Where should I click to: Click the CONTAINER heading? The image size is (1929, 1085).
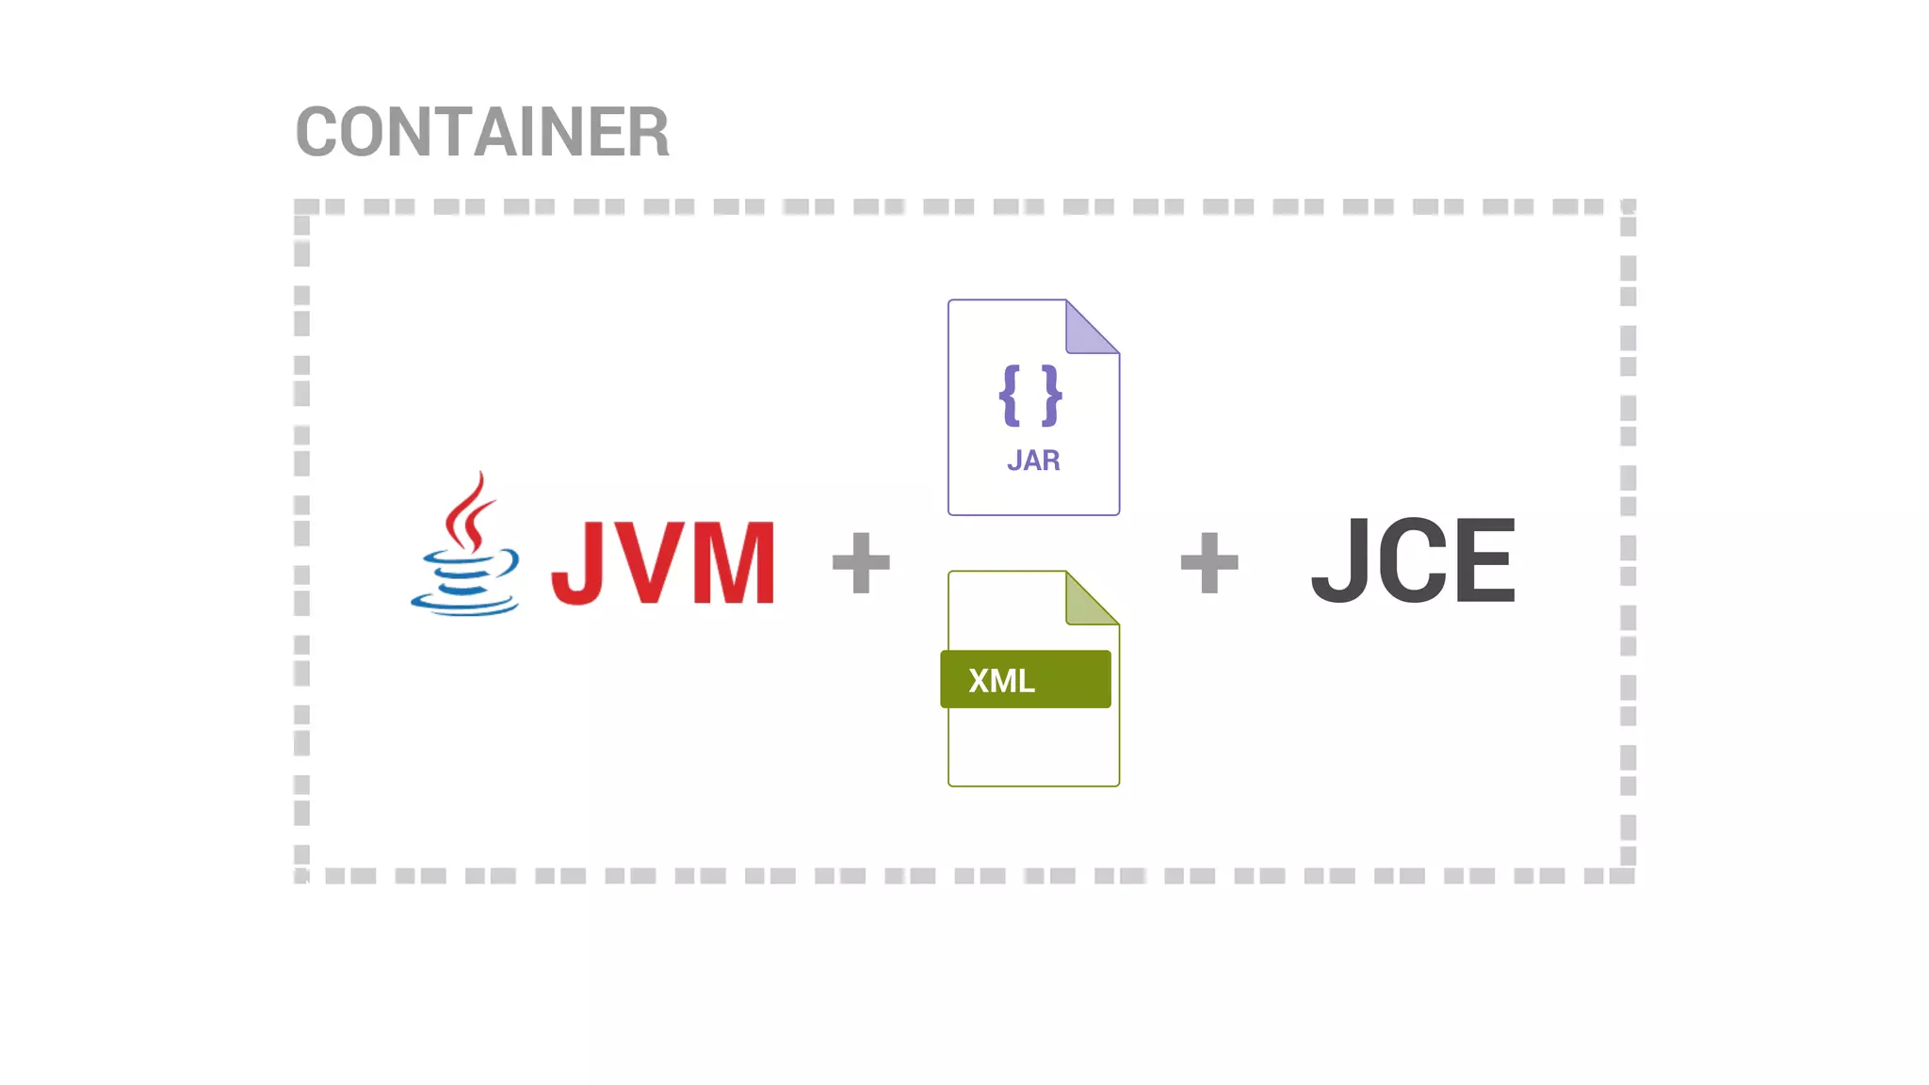[x=482, y=132]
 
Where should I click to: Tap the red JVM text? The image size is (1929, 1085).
[x=663, y=562]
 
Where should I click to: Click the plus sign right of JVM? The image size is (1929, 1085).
[x=861, y=562]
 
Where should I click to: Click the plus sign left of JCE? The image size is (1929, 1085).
[x=1209, y=562]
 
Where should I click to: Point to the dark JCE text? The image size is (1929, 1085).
[x=1413, y=560]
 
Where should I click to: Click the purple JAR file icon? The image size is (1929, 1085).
[x=1033, y=408]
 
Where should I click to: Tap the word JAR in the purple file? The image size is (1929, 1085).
[x=1033, y=461]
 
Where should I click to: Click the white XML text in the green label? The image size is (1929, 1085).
[x=1001, y=680]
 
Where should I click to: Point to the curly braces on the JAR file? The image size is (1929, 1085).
[x=1030, y=396]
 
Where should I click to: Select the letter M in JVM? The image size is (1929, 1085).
[x=734, y=562]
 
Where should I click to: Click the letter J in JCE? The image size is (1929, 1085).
[x=1340, y=560]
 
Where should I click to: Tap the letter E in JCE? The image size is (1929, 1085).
[x=1485, y=560]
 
